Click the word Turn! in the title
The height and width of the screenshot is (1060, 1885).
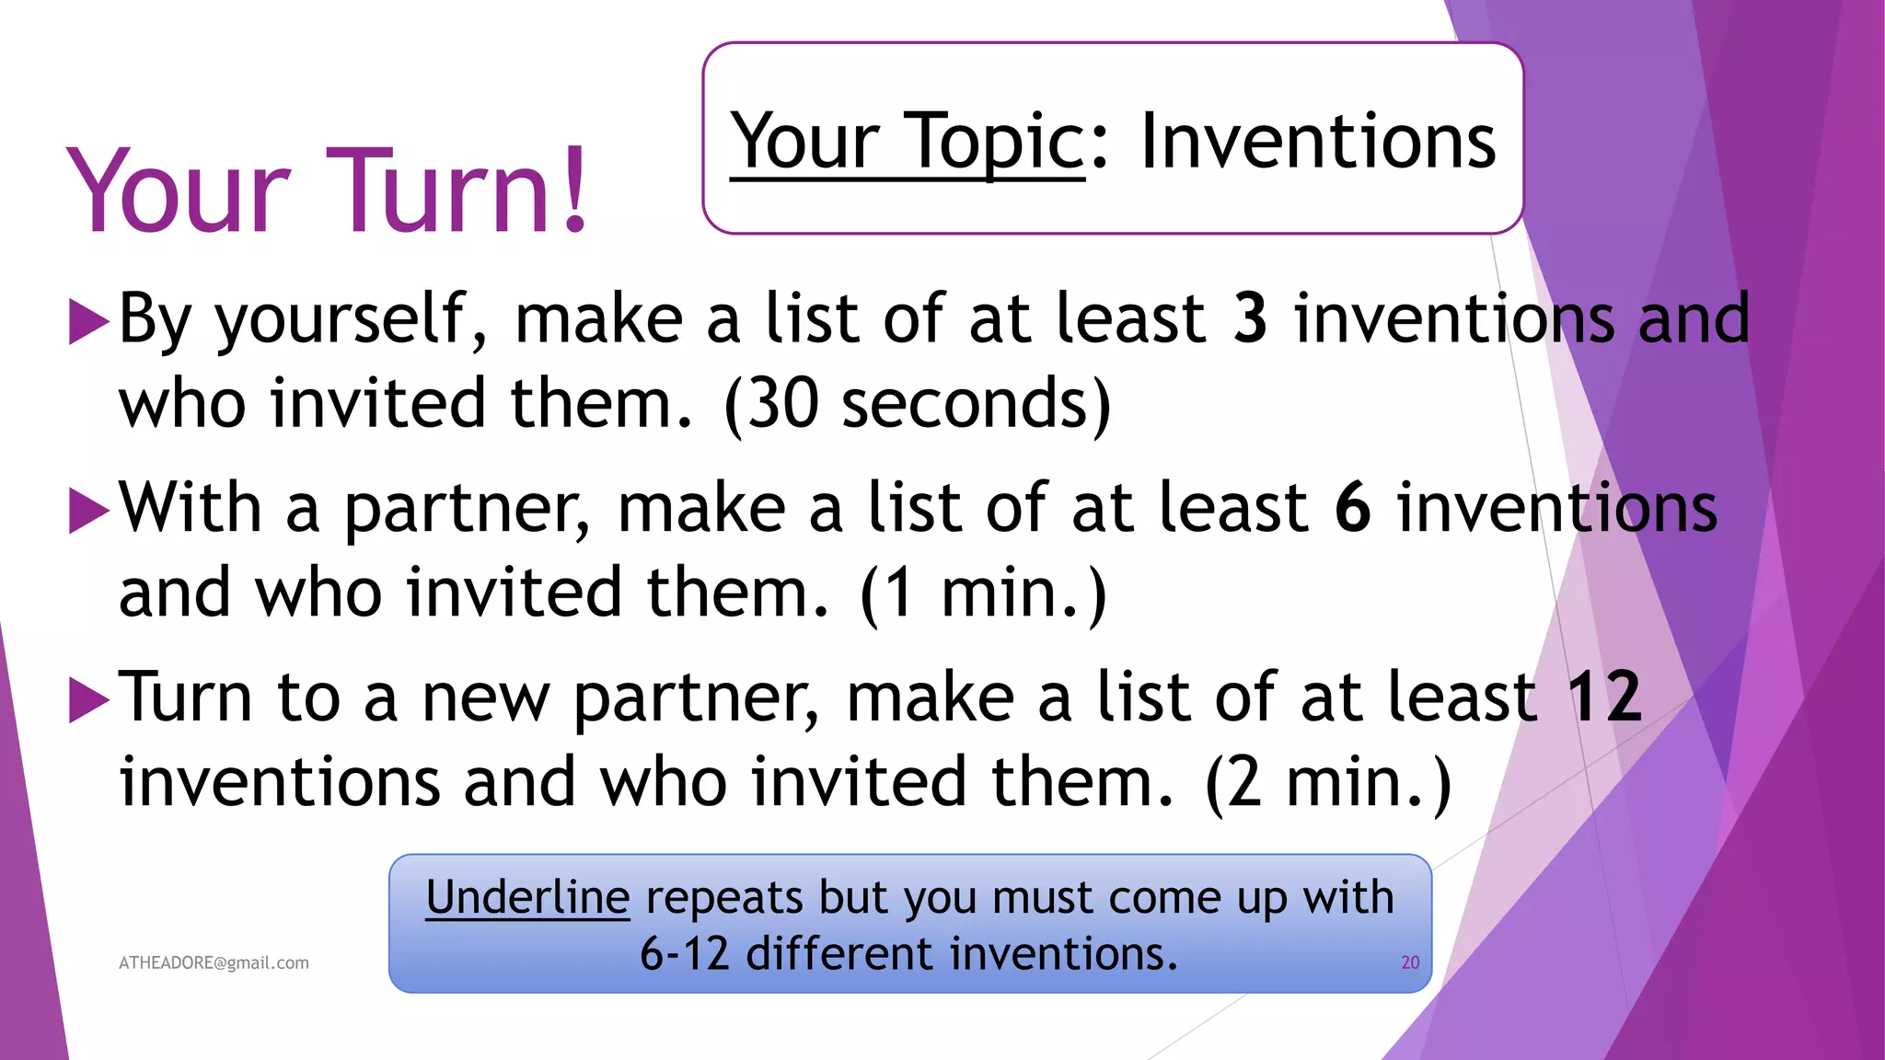coord(457,191)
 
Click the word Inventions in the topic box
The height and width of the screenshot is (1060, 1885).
coord(1318,142)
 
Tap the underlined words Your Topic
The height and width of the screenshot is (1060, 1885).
coord(908,142)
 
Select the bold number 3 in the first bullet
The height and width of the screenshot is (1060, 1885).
coord(1250,318)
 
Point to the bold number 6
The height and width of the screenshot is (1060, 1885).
coord(1352,507)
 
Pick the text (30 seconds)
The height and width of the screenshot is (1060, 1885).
coord(918,405)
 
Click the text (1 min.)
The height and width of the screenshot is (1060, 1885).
coord(983,593)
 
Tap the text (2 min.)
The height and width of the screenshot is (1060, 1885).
coord(1328,783)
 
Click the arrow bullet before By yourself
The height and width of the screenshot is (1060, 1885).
coord(89,323)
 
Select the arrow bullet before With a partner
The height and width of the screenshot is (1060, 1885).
coord(89,512)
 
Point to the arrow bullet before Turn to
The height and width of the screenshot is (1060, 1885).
coord(89,701)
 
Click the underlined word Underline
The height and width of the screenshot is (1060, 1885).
coord(527,897)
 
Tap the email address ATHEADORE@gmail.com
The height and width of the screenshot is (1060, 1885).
coord(214,962)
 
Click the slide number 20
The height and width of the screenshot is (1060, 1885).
coord(1410,962)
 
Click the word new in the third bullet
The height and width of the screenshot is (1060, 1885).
coord(485,698)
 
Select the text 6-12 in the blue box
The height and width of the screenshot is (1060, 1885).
coord(684,953)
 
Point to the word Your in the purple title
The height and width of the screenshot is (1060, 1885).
coord(179,191)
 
